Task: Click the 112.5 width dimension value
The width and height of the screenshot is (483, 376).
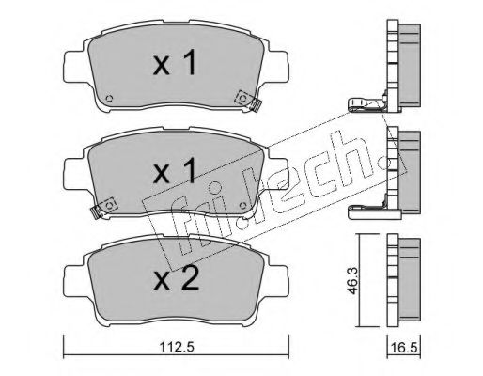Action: (x=177, y=347)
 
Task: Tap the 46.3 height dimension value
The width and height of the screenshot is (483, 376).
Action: (x=353, y=281)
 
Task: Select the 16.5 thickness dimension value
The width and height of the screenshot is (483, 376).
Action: (x=404, y=348)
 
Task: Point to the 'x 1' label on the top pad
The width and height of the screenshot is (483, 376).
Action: (x=175, y=64)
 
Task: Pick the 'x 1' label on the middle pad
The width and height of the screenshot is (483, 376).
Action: (x=175, y=170)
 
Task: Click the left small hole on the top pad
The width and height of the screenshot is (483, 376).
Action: (x=109, y=99)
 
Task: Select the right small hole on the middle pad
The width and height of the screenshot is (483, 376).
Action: (x=242, y=206)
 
